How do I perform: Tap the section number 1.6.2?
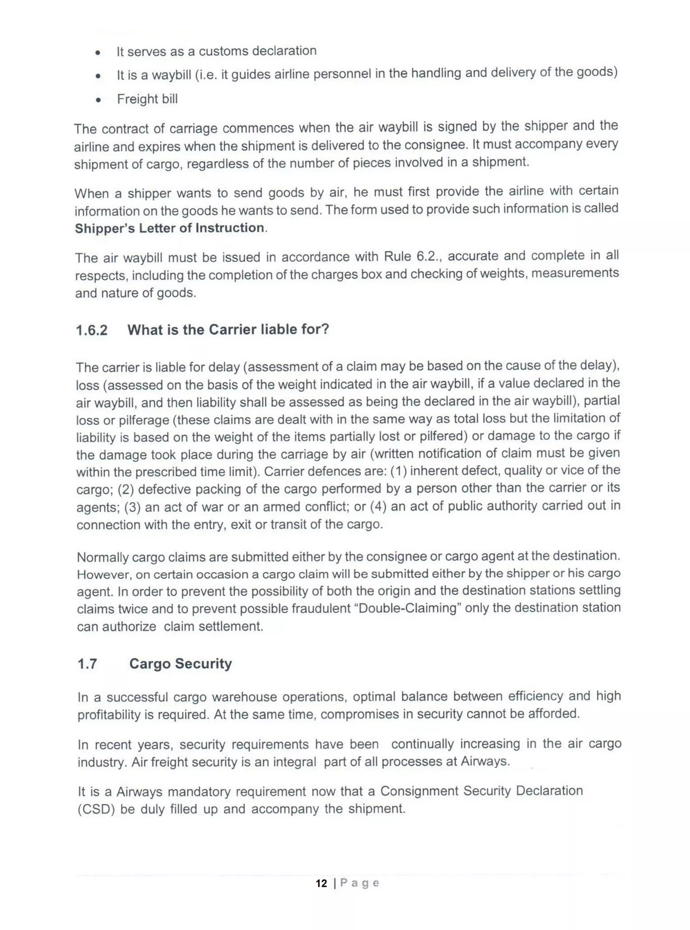pyautogui.click(x=91, y=330)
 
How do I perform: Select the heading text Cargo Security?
pyautogui.click(x=181, y=664)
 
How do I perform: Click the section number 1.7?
pyautogui.click(x=87, y=664)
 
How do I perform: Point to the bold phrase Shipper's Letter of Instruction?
pyautogui.click(x=169, y=228)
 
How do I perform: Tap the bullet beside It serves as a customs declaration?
pyautogui.click(x=97, y=53)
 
